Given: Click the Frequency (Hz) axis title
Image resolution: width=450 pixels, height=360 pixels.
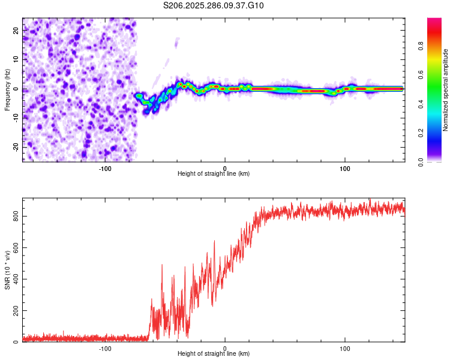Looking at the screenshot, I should (7, 89).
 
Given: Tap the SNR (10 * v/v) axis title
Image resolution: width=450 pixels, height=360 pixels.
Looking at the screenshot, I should (7, 270).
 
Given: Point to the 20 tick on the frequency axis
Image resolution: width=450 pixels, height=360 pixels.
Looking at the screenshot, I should (16, 30).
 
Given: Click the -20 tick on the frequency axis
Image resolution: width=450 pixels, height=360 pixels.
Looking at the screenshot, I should (16, 147).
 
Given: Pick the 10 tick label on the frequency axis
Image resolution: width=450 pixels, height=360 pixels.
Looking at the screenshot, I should (16, 59).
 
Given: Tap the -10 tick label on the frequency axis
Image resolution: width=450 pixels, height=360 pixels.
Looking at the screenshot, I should (16, 118).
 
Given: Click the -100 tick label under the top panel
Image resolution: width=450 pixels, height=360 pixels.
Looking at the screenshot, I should (105, 168).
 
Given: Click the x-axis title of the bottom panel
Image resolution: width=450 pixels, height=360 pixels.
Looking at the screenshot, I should (214, 354).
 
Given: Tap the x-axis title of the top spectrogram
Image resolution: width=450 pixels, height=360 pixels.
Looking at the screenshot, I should (214, 174).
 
